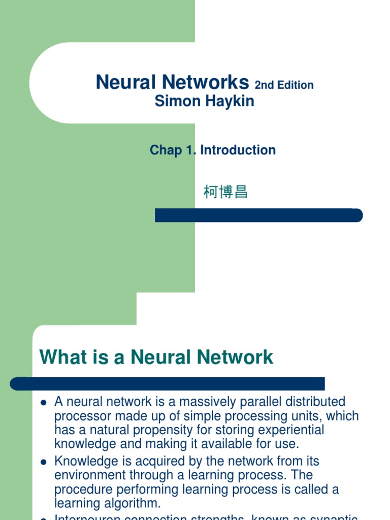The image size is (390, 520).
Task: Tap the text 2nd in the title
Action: [264, 85]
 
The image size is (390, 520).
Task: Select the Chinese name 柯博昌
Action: [225, 192]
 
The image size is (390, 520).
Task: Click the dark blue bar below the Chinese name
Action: [258, 215]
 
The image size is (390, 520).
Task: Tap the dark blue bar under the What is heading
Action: [168, 383]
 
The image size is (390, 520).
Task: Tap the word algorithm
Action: [134, 503]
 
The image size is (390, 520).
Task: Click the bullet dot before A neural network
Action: [44, 403]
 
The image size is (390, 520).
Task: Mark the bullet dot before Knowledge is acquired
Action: [44, 462]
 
